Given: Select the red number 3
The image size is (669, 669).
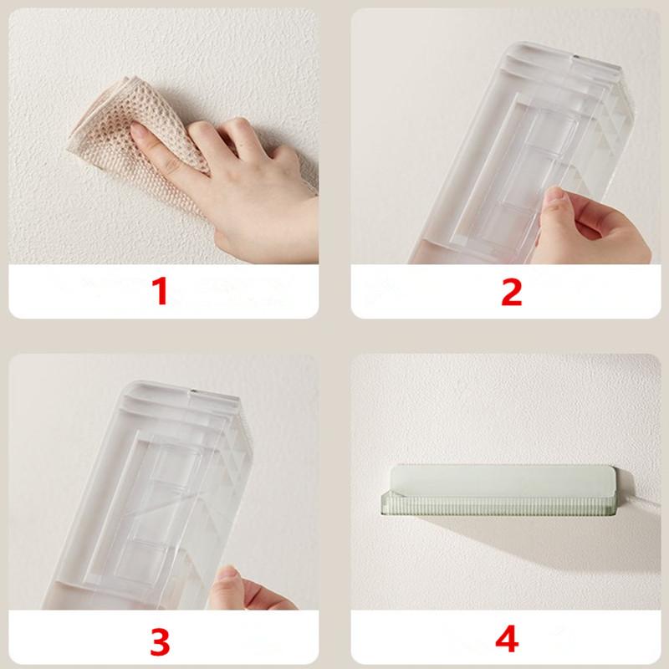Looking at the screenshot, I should pyautogui.click(x=160, y=641).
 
